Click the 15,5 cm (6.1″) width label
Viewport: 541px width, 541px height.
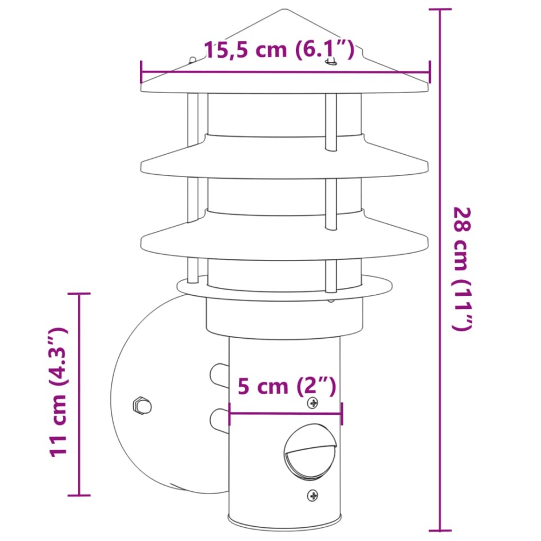point(279,50)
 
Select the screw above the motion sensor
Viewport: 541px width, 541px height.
point(312,403)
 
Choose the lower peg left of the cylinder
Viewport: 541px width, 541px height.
point(218,420)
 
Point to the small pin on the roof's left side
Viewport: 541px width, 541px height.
point(193,60)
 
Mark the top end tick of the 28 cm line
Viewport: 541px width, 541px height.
point(439,10)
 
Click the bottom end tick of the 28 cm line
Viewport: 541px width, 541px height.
point(439,530)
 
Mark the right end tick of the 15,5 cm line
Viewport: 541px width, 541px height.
point(429,73)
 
